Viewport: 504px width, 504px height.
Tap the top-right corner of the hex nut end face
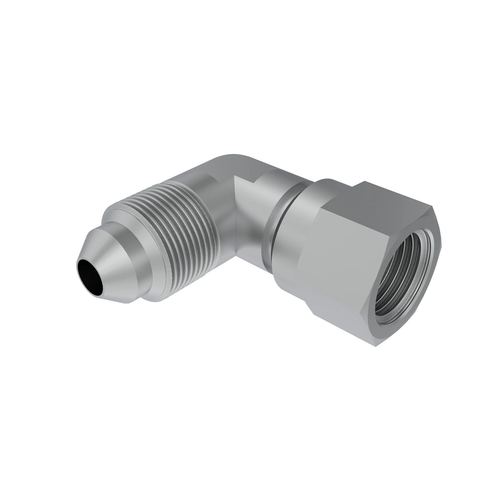pos(433,209)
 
